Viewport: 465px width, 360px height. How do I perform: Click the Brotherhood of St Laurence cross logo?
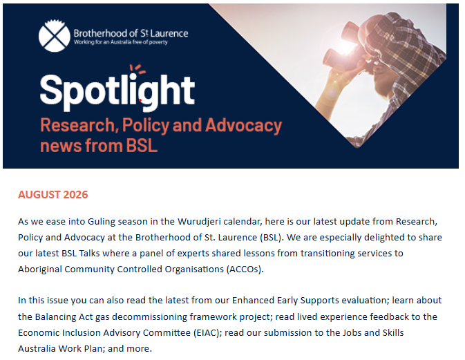tap(55, 35)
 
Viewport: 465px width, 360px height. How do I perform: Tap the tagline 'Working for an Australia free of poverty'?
tap(121, 42)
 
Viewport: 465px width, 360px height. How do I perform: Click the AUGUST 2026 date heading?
tap(53, 195)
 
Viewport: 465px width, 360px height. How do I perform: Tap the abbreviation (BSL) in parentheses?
tap(270, 238)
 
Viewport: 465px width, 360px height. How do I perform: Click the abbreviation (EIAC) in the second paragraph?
tap(207, 333)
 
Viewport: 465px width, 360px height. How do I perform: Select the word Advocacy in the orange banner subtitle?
tap(243, 126)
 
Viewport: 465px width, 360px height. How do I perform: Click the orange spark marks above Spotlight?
tap(137, 68)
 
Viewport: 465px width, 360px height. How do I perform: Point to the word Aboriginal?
tap(40, 269)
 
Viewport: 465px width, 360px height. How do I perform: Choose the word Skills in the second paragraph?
tap(393, 333)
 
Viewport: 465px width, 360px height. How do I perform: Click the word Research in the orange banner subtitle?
tap(77, 126)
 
